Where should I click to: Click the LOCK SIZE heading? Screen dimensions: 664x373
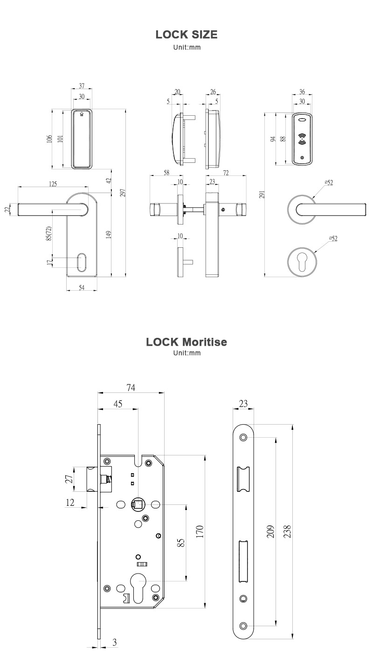186,35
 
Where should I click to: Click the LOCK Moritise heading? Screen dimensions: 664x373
186,342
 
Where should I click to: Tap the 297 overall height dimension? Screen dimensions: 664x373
123,193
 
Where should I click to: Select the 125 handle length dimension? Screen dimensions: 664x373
53,184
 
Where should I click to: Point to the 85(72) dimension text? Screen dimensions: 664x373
48,234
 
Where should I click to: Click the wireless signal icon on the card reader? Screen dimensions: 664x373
303,138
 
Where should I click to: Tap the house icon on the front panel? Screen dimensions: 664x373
82,113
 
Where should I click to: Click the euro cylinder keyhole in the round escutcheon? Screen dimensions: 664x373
302,264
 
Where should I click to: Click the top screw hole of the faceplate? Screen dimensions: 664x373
243,437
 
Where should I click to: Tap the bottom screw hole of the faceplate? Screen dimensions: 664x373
243,626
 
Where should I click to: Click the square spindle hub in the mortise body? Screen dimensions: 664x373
138,504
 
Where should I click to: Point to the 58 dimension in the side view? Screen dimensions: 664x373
167,173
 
